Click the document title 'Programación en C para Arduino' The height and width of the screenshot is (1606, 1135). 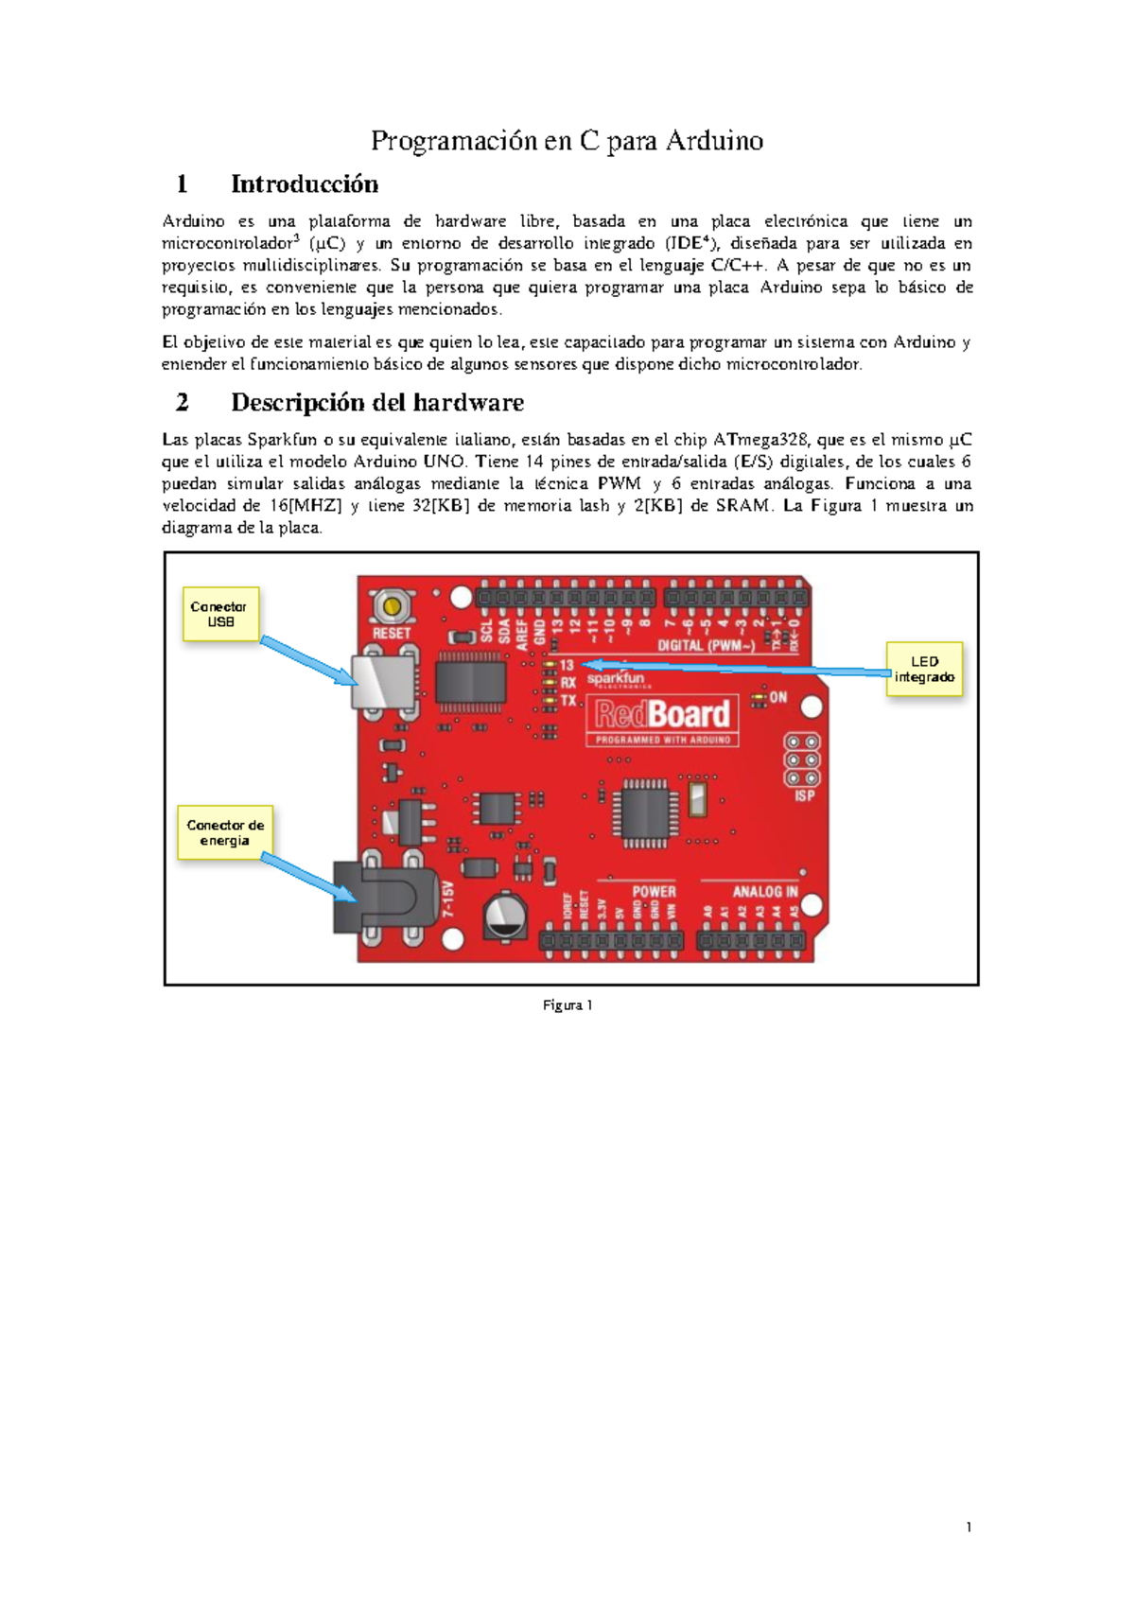point(567,141)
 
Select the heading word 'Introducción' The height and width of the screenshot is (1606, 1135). point(305,183)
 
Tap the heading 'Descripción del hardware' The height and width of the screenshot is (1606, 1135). point(377,403)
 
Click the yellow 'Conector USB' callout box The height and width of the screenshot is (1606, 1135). point(219,614)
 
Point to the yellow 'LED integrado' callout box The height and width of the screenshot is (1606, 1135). point(924,669)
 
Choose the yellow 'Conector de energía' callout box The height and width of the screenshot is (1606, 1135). point(225,832)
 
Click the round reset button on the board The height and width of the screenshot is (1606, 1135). point(390,605)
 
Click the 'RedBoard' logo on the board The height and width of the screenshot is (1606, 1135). point(662,714)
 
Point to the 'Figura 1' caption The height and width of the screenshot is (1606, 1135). point(567,1005)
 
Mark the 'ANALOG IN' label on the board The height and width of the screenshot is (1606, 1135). point(764,891)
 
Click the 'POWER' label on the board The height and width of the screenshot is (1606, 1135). point(654,891)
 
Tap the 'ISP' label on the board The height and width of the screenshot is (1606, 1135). point(804,795)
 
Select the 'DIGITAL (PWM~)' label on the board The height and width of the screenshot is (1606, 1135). point(706,646)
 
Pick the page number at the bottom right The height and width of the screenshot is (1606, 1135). point(969,1527)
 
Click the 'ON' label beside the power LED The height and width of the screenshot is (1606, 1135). point(777,697)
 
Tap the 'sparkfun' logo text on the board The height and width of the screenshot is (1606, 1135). point(615,678)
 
